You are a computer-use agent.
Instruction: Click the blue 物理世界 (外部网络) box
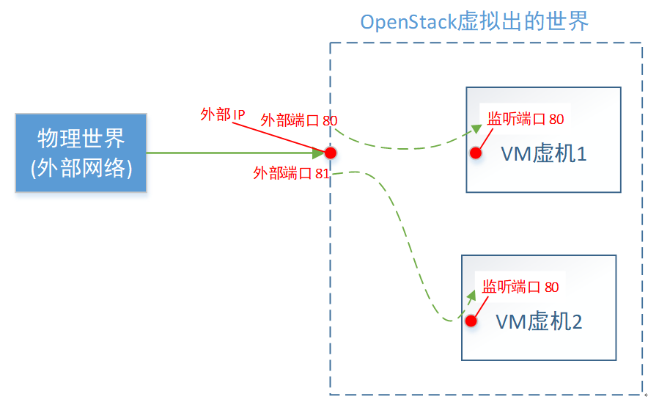click(x=81, y=153)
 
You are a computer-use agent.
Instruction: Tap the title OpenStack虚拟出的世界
click(x=474, y=22)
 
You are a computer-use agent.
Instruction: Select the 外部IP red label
click(x=223, y=114)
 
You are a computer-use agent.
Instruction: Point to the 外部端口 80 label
click(x=298, y=120)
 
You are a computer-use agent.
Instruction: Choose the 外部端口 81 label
click(x=291, y=173)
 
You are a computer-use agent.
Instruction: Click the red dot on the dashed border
click(x=331, y=153)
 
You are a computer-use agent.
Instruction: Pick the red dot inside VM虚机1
click(x=476, y=153)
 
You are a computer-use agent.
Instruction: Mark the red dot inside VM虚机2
click(x=471, y=321)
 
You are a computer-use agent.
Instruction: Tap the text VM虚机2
click(x=539, y=321)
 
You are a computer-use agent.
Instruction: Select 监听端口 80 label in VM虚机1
click(x=526, y=119)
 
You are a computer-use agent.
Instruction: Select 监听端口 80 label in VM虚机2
click(x=520, y=287)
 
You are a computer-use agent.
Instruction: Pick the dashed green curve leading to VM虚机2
click(x=410, y=249)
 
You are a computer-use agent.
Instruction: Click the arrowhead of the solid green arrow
click(x=319, y=153)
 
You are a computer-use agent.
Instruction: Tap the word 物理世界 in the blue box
click(x=81, y=138)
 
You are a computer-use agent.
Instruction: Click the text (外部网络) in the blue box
click(x=81, y=167)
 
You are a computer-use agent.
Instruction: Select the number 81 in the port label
click(x=322, y=173)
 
